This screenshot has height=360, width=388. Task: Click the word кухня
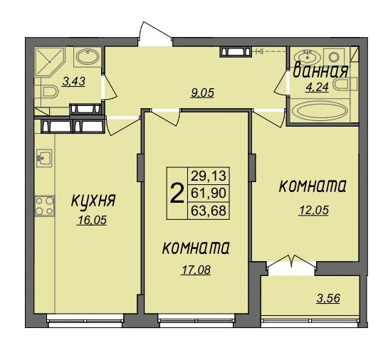[93, 201]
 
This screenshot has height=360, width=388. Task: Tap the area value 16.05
[92, 220]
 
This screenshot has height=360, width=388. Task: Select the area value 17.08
[196, 270]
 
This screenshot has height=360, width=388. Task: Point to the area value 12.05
[314, 211]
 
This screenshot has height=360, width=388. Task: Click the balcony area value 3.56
[328, 298]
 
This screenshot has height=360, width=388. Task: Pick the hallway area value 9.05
[202, 93]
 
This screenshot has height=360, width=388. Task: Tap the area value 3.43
[74, 81]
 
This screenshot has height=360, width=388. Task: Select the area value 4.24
[317, 87]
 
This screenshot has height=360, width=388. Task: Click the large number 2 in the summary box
[177, 193]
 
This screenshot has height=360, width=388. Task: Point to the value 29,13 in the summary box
[209, 176]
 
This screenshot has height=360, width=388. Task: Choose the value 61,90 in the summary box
[209, 193]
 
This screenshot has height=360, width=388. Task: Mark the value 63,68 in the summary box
[209, 211]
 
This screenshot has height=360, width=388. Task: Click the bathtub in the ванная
[321, 111]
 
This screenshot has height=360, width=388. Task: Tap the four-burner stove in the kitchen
[45, 206]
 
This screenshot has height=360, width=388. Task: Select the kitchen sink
[44, 158]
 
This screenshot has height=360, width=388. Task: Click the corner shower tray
[49, 62]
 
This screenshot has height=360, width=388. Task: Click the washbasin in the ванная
[308, 57]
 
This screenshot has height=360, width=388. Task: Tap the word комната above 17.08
[196, 248]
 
